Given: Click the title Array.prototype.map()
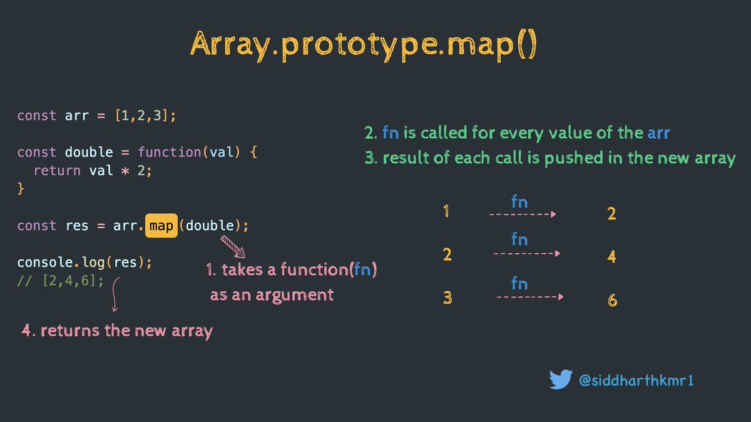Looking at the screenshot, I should [364, 46].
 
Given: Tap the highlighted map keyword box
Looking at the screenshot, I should [161, 226].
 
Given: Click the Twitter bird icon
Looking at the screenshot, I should [561, 379].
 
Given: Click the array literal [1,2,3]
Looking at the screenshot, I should [141, 116].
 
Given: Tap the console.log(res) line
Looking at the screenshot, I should [84, 263].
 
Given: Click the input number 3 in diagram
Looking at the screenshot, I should [447, 298].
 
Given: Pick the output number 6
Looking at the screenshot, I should [612, 301].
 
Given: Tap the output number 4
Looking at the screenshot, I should [611, 256].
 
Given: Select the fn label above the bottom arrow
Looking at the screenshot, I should [519, 283].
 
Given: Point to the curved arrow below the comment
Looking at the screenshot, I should [115, 295].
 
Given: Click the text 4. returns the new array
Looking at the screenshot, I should [118, 331].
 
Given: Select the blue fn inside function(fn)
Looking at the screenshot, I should [362, 271].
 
